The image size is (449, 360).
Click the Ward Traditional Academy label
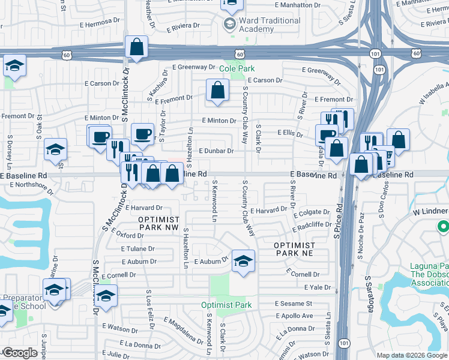click(270, 25)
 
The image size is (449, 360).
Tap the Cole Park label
click(237, 68)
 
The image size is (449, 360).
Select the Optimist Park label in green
click(226, 305)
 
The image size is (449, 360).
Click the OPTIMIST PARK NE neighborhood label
click(294, 250)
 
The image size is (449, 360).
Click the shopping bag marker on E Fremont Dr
click(217, 91)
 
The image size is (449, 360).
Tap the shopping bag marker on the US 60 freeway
click(136, 47)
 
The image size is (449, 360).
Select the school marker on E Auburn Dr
click(243, 261)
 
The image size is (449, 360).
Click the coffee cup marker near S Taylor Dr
click(142, 134)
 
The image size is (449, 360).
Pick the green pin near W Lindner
click(444, 227)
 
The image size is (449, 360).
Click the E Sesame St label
click(294, 304)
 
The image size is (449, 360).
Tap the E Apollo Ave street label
click(294, 316)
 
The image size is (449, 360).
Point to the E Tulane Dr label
click(137, 248)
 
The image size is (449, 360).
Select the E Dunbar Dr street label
click(215, 151)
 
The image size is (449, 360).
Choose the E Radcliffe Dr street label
click(312, 229)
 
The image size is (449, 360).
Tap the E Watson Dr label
click(120, 328)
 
